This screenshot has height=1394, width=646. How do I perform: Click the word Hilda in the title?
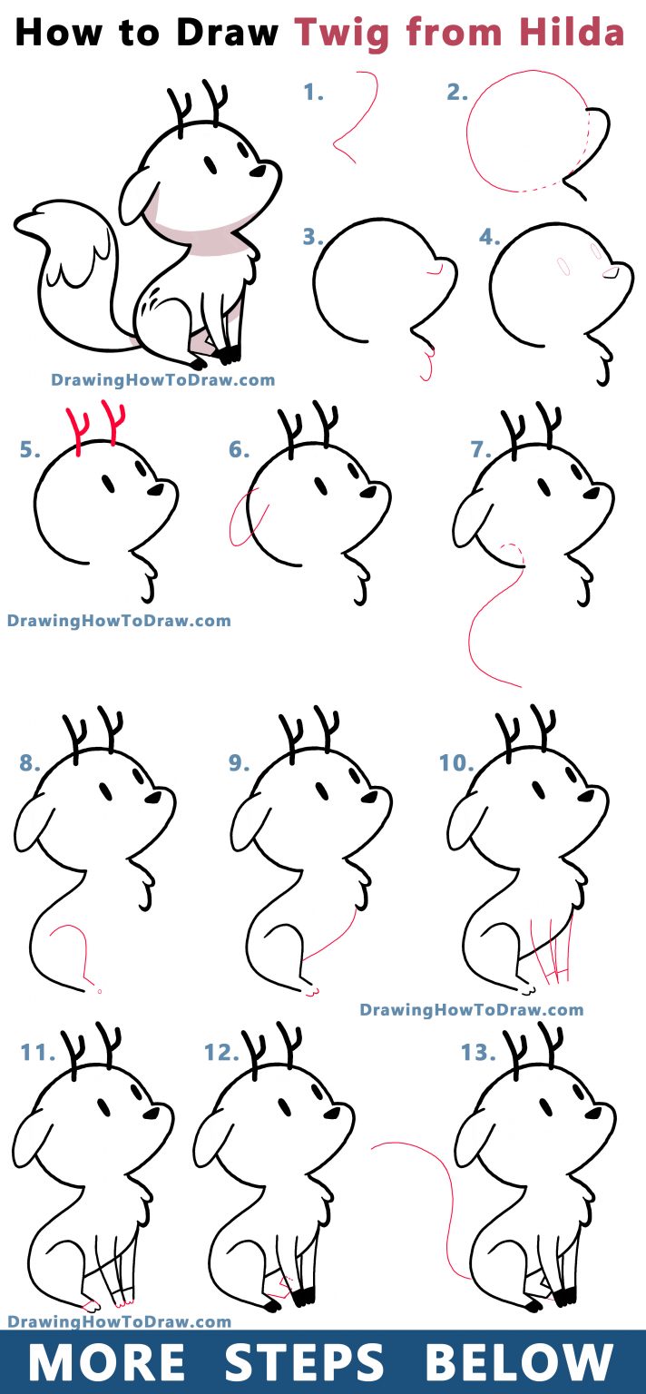point(572,32)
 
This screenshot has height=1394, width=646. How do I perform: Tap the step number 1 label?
point(313,93)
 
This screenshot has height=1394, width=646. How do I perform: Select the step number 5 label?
point(30,448)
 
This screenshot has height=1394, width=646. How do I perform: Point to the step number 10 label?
point(456,762)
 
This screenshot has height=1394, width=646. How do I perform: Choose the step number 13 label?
point(478,1053)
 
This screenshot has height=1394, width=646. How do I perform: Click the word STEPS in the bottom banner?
point(304,1361)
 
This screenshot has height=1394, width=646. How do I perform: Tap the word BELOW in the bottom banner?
point(520,1361)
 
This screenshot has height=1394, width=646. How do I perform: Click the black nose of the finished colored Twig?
point(258,172)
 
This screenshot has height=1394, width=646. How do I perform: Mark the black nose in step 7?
point(591,493)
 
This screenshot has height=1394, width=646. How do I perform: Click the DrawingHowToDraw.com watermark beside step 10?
point(472,1009)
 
